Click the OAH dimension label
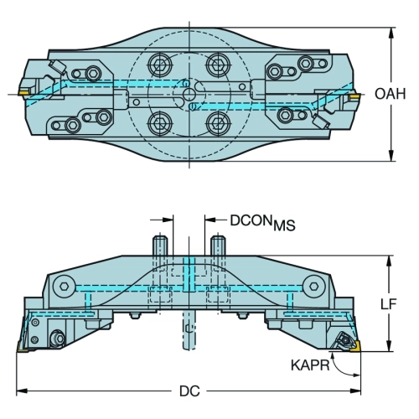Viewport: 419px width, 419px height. [x=390, y=94]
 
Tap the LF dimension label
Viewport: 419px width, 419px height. [x=389, y=304]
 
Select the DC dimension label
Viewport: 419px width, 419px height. [x=189, y=391]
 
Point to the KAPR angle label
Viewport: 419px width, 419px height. [x=310, y=365]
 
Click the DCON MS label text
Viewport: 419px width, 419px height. [x=262, y=223]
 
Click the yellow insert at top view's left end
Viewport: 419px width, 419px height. [x=23, y=92]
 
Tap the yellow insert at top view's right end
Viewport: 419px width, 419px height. [x=354, y=96]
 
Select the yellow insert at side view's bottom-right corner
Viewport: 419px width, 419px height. [x=355, y=347]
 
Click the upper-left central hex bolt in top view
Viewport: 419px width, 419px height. [x=160, y=65]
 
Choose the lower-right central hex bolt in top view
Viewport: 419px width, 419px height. [x=219, y=123]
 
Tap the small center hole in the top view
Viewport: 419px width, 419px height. [x=189, y=94]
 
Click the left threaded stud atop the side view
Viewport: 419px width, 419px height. [x=160, y=246]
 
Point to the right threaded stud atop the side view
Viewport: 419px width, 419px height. [x=218, y=246]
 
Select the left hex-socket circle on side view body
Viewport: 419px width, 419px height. [x=65, y=287]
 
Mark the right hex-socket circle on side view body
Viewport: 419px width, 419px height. [x=314, y=287]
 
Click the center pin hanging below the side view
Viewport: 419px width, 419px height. [x=189, y=330]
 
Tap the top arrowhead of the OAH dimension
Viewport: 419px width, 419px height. [x=391, y=33]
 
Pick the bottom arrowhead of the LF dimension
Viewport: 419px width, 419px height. [x=389, y=346]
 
